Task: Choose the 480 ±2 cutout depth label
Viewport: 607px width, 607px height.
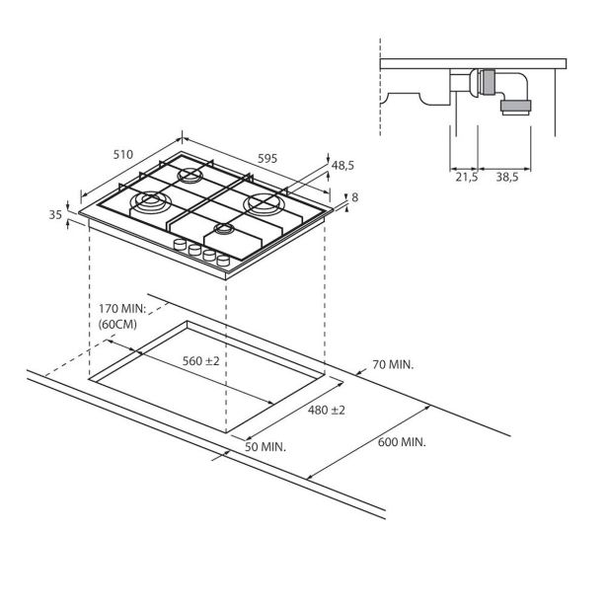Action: (327, 411)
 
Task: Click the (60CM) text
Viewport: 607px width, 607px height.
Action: (118, 325)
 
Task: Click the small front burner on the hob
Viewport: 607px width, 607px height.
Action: (223, 231)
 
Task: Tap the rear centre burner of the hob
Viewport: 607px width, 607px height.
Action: (189, 177)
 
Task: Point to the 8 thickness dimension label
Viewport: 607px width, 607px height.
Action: (354, 197)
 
